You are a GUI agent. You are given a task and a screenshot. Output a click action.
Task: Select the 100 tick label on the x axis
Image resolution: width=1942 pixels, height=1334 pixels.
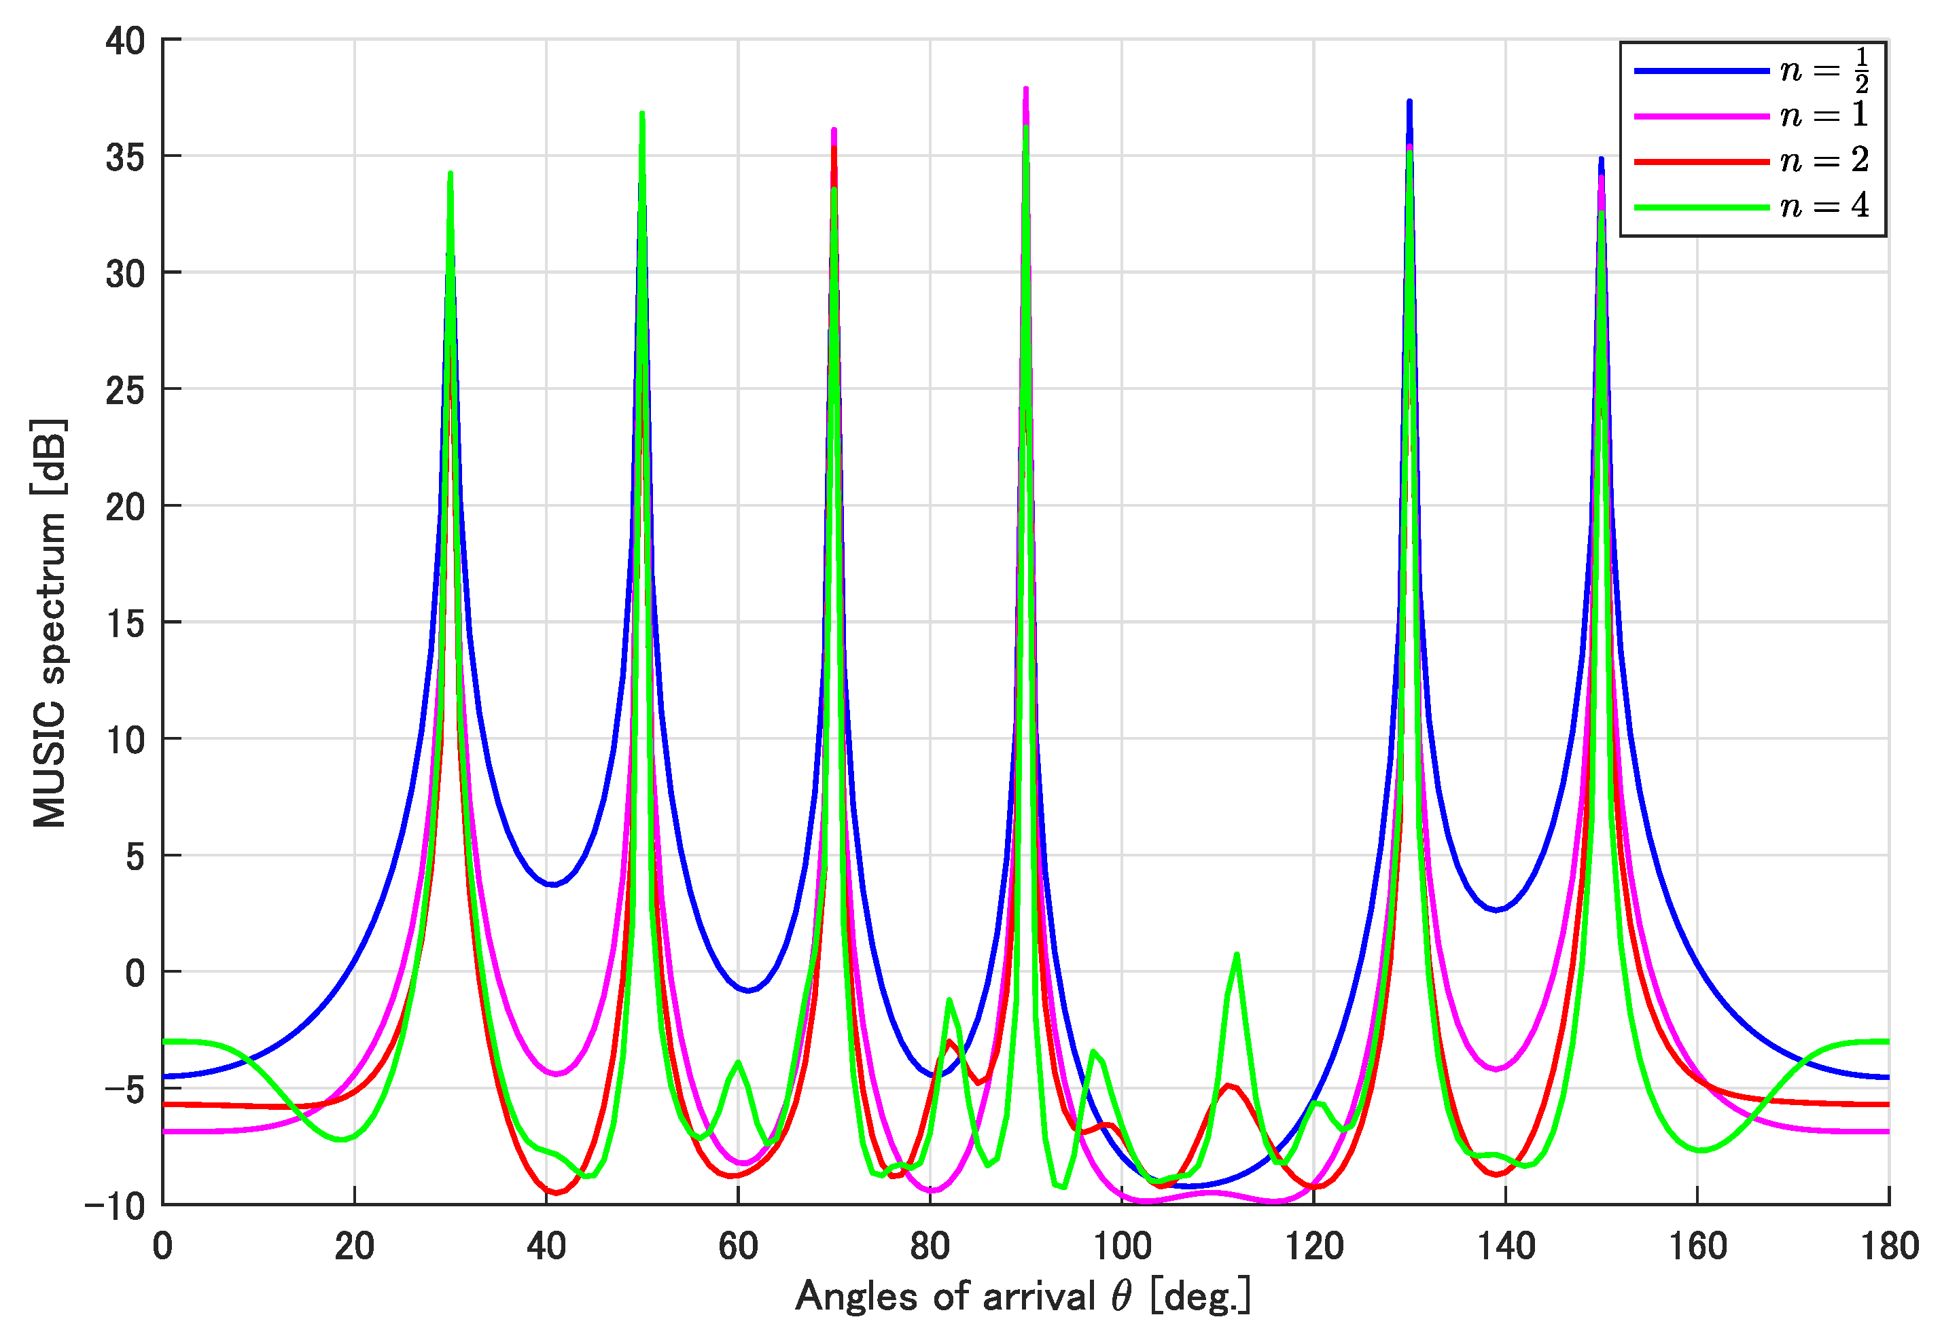1122,1247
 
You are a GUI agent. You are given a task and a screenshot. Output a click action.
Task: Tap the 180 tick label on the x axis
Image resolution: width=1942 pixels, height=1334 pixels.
1888,1247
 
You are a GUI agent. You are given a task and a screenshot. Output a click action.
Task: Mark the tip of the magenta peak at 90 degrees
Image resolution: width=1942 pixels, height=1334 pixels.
1026,88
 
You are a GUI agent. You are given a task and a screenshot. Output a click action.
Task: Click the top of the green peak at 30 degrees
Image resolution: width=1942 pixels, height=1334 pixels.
451,174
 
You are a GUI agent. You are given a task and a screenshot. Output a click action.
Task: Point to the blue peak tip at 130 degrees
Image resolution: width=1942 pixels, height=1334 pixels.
1409,101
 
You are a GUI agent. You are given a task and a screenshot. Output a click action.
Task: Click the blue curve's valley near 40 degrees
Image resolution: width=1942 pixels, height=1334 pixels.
552,884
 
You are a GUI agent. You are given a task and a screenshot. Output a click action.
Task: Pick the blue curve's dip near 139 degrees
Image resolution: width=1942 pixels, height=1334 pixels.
1496,909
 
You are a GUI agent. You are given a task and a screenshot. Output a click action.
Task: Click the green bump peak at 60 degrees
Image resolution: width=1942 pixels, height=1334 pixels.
738,1062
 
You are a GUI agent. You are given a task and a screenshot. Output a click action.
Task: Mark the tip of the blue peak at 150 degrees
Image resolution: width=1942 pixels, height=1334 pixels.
1601,159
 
